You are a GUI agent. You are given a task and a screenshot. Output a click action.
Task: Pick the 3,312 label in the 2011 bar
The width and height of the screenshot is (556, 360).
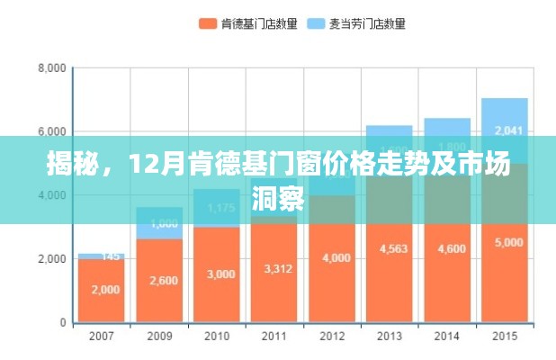[x=274, y=268]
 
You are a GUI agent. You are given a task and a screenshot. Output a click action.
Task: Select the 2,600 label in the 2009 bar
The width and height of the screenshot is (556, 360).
[x=158, y=280]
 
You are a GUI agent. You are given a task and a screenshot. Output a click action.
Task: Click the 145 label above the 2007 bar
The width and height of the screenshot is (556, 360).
[x=110, y=256]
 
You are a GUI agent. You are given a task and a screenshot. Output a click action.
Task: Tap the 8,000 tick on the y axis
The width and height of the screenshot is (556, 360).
[x=51, y=68]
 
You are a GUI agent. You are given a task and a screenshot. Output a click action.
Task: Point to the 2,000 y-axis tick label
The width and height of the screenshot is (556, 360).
[x=51, y=259]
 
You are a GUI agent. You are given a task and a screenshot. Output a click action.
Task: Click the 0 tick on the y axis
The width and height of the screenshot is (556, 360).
[x=62, y=322]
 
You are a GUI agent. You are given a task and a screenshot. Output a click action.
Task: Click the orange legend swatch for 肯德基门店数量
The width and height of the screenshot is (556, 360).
[x=208, y=23]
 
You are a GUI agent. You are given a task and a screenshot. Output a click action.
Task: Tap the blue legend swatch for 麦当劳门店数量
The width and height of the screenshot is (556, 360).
[x=316, y=23]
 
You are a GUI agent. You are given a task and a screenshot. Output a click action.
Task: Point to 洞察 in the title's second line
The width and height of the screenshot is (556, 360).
[x=278, y=199]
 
